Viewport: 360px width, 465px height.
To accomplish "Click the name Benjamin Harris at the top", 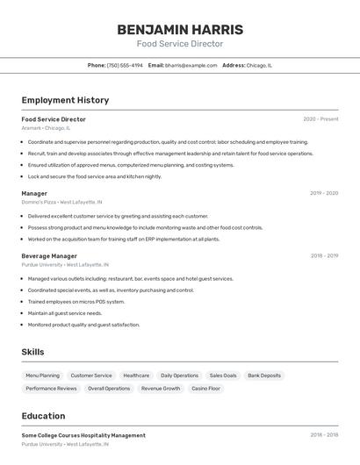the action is point(180,30).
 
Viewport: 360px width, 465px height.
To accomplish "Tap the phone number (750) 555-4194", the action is point(125,65).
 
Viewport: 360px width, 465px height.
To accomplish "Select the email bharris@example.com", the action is point(191,65).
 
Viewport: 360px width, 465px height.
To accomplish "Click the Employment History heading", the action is point(65,100).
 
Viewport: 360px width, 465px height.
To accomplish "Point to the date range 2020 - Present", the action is point(320,119).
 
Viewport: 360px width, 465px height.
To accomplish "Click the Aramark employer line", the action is point(46,128).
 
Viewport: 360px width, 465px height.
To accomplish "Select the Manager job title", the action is point(34,193).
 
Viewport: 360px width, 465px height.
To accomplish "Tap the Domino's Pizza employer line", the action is point(61,202).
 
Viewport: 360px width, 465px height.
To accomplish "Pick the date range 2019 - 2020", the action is point(324,193).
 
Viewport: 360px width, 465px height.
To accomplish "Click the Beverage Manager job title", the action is point(49,256).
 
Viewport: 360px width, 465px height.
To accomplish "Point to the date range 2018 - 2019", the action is point(324,256).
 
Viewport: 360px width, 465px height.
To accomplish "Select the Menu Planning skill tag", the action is point(43,376).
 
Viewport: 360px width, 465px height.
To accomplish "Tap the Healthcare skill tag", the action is point(136,376).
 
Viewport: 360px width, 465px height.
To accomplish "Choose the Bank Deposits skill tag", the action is point(264,376).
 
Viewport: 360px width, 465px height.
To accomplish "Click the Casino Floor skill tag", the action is point(206,388).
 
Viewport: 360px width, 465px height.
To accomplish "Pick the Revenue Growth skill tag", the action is point(161,388).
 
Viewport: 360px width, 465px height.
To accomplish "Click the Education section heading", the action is point(43,416).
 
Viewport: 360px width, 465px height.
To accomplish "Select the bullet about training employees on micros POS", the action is point(76,302).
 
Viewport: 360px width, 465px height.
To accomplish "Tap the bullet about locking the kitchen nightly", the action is point(95,176).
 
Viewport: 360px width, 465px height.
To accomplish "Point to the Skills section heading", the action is point(32,352).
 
